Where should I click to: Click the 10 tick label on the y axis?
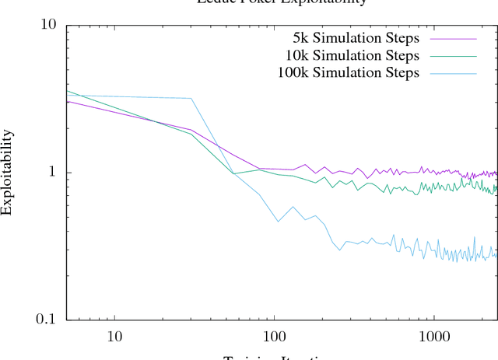[x=49, y=24]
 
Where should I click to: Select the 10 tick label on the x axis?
[x=114, y=337]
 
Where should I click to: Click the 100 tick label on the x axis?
[x=274, y=337]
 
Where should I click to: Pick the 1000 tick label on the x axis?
[x=433, y=337]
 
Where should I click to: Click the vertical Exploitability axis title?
[x=7, y=172]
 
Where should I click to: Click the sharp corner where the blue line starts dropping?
[x=191, y=99]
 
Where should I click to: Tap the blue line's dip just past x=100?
[x=278, y=222]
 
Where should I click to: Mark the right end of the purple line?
[x=496, y=173]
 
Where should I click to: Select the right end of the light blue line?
[x=496, y=255]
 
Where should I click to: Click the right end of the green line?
[x=496, y=189]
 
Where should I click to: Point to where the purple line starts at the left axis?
[x=67, y=102]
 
